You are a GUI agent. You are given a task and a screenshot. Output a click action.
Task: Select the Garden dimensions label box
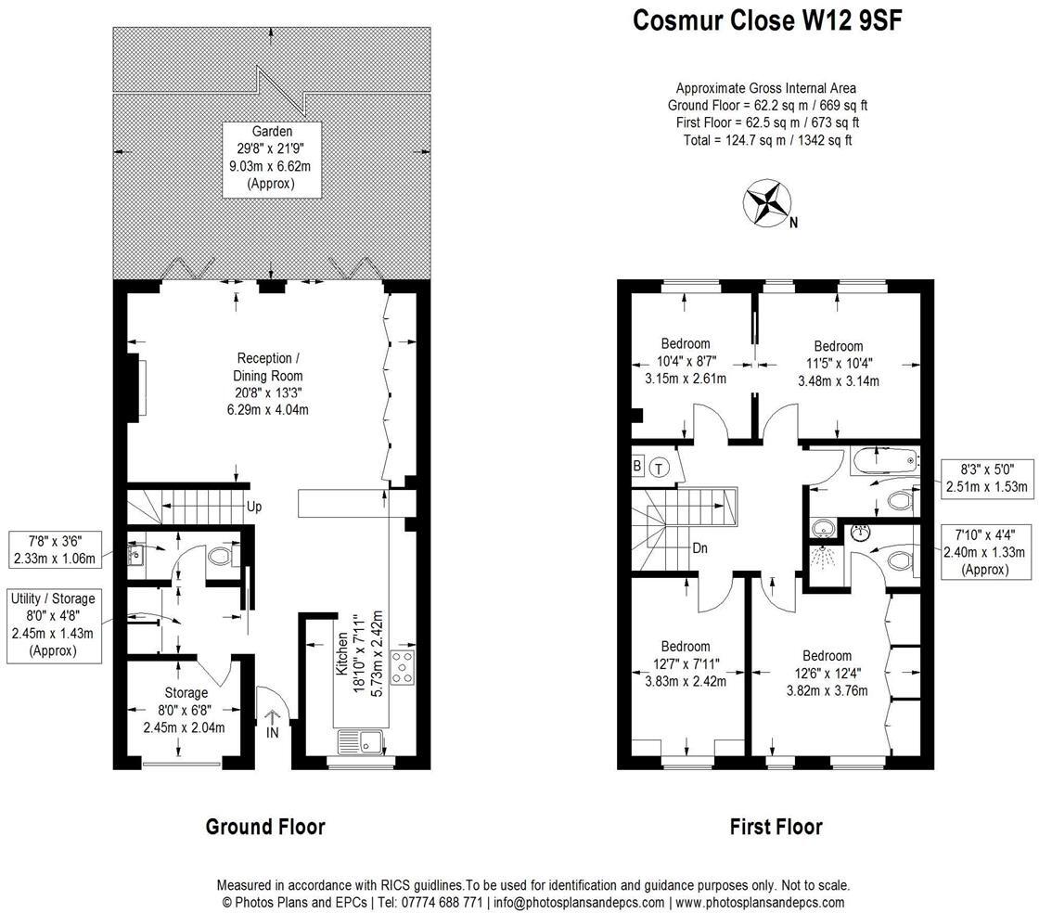[271, 158]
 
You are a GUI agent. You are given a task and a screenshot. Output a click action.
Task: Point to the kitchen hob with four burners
[404, 668]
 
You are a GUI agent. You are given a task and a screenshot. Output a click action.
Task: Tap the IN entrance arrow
[273, 724]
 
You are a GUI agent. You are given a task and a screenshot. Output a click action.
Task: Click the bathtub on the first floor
[882, 458]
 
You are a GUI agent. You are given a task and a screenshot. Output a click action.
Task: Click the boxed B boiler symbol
[638, 465]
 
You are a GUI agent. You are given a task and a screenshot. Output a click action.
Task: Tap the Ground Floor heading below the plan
[264, 827]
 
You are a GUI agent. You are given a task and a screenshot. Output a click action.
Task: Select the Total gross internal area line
[765, 140]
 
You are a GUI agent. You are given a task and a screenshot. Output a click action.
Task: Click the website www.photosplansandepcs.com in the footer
[760, 902]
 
